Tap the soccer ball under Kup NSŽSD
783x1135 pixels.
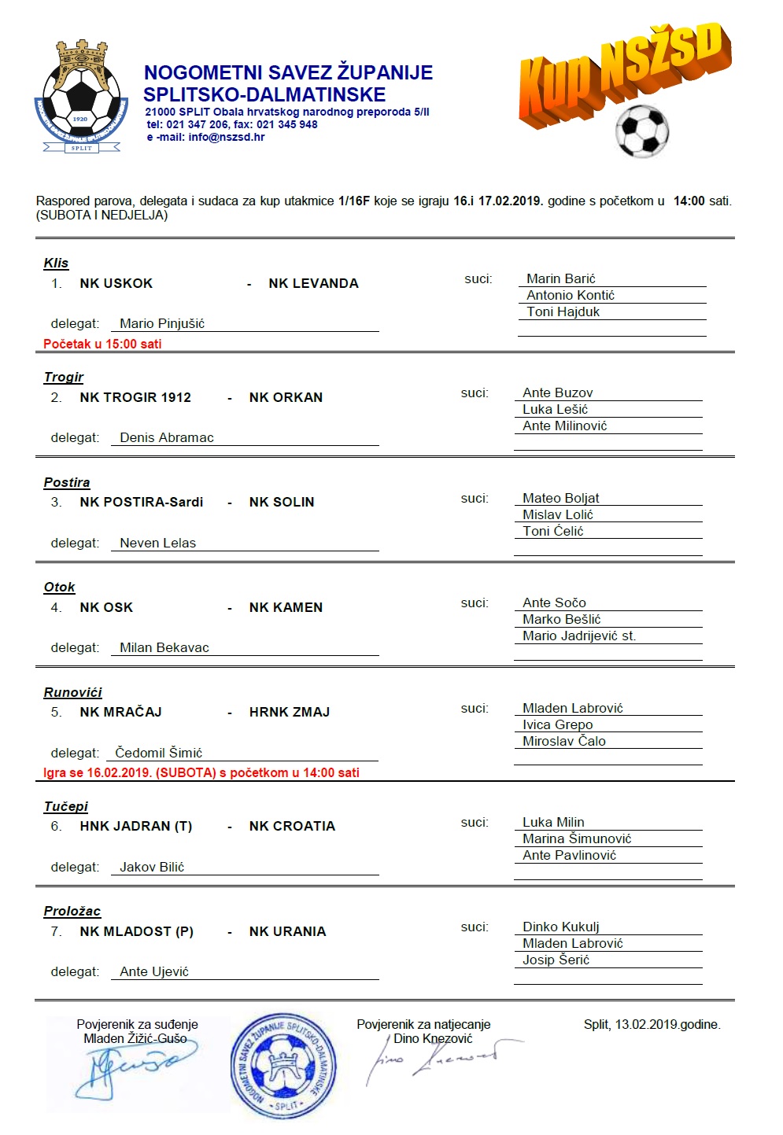642,131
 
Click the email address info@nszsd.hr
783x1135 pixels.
227,137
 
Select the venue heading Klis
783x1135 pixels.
56,263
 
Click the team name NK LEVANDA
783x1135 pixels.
313,283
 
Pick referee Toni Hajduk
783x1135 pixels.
563,312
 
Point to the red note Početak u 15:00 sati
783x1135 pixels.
102,344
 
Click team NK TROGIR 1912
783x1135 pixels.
135,397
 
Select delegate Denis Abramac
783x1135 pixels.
167,438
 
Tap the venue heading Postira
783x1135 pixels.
67,482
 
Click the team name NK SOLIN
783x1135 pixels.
282,502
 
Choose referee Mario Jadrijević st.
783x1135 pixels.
579,636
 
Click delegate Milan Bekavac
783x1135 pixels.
164,648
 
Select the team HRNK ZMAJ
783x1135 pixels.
290,712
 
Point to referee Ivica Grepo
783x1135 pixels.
558,724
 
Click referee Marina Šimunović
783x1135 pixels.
577,838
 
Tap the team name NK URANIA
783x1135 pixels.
287,931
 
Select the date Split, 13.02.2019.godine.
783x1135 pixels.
652,1024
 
